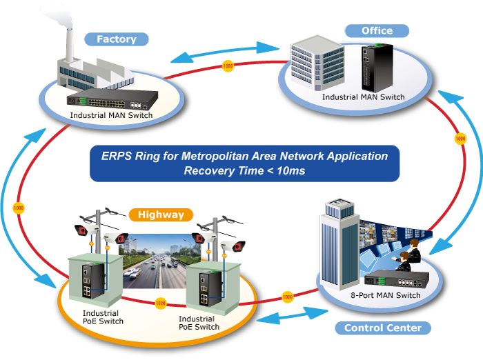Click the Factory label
(x=116, y=39)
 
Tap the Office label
(x=377, y=30)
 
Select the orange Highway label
(x=160, y=214)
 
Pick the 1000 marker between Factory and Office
(x=228, y=66)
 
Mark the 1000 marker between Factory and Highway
(x=19, y=208)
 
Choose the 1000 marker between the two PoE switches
(x=161, y=303)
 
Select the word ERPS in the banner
(x=115, y=156)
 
